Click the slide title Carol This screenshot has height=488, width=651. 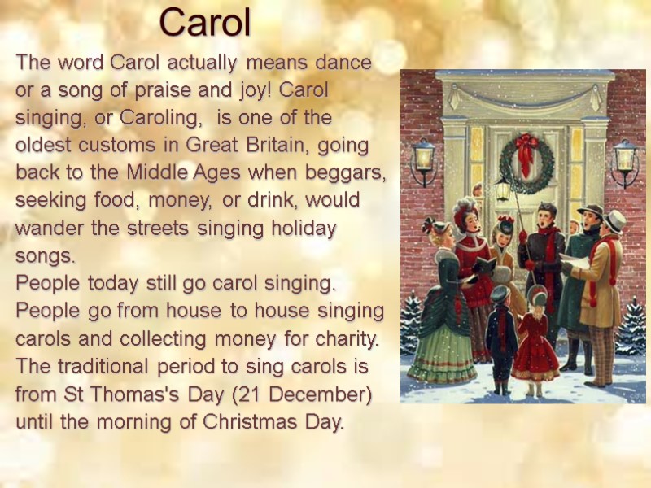click(205, 23)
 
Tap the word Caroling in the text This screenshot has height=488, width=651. click(159, 118)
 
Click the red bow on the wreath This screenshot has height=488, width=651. click(526, 147)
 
